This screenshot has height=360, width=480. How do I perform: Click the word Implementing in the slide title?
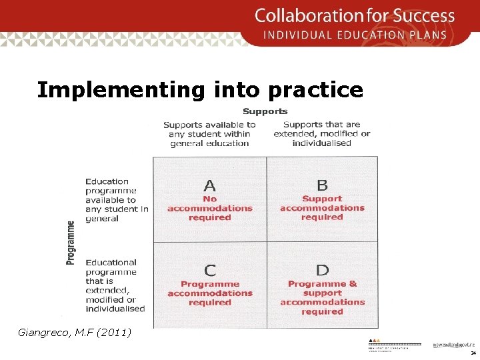coord(121,89)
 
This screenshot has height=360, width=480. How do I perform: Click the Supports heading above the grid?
coord(265,111)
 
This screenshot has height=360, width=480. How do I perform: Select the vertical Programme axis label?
coord(71,243)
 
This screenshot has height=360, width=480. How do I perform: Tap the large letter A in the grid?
coord(209,185)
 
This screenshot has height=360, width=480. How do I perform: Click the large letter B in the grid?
coord(322,185)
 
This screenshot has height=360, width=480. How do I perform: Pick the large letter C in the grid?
coord(210,270)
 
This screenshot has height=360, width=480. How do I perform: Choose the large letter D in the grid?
coord(322,270)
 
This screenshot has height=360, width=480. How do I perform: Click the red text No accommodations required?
coord(210,208)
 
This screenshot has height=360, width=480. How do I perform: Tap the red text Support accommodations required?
coord(322,208)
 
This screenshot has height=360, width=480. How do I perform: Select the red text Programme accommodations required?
coord(210,293)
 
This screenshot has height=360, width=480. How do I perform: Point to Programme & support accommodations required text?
coord(322,297)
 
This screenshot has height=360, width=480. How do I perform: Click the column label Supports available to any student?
coord(209,133)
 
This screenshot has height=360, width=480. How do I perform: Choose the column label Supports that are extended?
coord(322,133)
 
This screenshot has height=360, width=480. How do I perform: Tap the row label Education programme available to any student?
coord(116,199)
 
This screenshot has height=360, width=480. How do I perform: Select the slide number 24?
coord(473,353)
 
